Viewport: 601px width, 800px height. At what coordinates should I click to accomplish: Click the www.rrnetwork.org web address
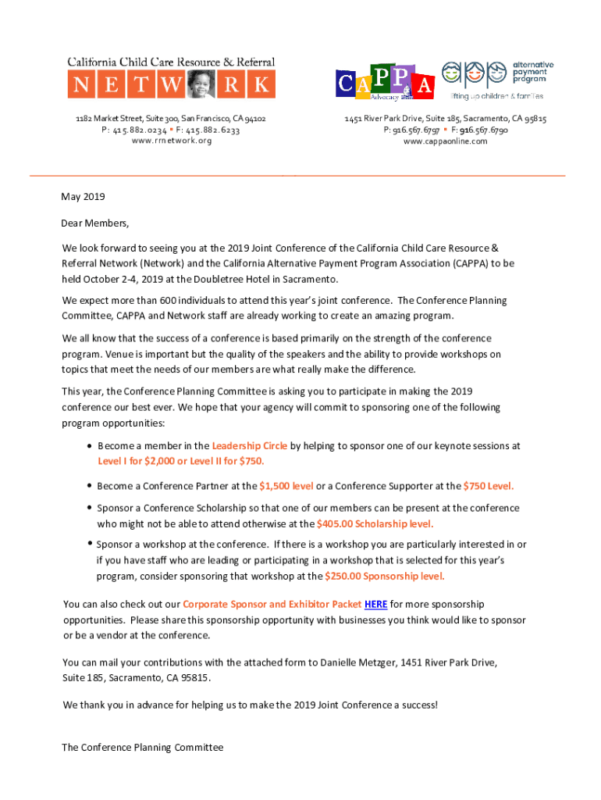pyautogui.click(x=171, y=141)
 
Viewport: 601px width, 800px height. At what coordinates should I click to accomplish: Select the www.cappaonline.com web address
pyautogui.click(x=445, y=141)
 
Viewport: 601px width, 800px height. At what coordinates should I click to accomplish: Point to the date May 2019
pyautogui.click(x=84, y=197)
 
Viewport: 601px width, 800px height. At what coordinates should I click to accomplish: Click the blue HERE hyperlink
pyautogui.click(x=375, y=604)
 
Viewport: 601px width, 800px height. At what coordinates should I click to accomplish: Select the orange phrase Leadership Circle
pyautogui.click(x=250, y=446)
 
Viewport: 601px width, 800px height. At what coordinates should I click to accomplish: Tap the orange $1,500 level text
pyautogui.click(x=286, y=486)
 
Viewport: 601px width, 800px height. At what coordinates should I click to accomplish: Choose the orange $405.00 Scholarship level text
pyautogui.click(x=375, y=523)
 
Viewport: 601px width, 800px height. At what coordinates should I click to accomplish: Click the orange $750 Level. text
pyautogui.click(x=489, y=486)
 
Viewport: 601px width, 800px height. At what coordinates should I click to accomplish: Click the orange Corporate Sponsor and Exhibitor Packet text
pyautogui.click(x=272, y=604)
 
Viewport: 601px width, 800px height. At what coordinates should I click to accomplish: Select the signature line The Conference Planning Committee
pyautogui.click(x=143, y=748)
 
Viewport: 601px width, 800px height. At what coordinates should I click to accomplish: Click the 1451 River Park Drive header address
pyautogui.click(x=445, y=119)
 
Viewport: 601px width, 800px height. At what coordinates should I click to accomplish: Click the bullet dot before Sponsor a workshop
pyautogui.click(x=90, y=543)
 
